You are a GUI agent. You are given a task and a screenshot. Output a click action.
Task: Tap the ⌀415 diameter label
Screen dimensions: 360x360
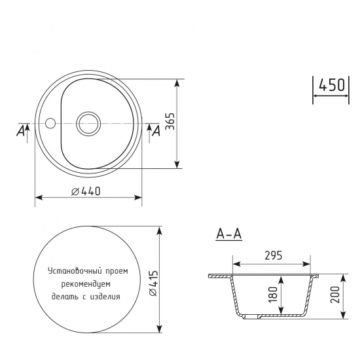pyautogui.click(x=152, y=283)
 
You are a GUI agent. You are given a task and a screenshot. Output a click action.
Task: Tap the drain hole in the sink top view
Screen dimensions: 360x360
pyautogui.click(x=88, y=122)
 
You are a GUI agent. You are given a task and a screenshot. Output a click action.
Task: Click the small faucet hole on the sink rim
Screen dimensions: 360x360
pyautogui.click(x=50, y=122)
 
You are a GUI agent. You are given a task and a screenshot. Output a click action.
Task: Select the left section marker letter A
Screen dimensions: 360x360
pyautogui.click(x=20, y=132)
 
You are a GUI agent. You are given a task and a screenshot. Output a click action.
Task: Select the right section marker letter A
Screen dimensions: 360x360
pyautogui.click(x=156, y=132)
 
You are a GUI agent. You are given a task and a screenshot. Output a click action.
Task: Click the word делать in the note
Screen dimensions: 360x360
pyautogui.click(x=64, y=296)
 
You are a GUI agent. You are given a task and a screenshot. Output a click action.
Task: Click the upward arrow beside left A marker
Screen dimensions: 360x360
pyautogui.click(x=26, y=130)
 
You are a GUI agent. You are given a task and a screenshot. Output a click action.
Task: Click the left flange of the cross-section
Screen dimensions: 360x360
pyautogui.click(x=219, y=277)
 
